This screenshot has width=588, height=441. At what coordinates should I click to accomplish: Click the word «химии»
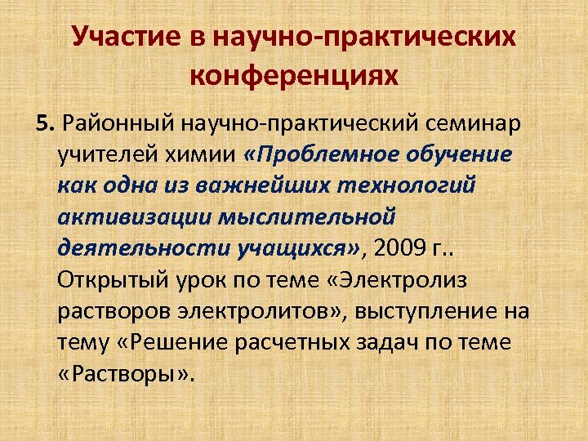[x=199, y=155]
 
